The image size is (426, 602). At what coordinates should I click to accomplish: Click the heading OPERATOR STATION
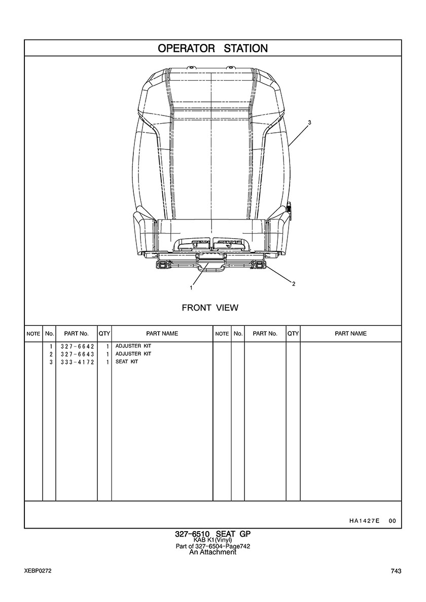(213, 48)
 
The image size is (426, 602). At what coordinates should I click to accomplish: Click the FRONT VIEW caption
(210, 308)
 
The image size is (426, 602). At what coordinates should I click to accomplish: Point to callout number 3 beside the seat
(309, 123)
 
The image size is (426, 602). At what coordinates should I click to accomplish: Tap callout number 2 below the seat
(294, 284)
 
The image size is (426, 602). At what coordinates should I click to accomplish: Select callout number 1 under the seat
(191, 287)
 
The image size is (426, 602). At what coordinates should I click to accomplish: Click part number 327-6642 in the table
(77, 346)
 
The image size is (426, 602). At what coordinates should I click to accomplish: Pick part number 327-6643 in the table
(77, 354)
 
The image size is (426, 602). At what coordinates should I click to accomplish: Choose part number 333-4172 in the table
(77, 362)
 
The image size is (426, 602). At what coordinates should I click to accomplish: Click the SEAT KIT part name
(127, 362)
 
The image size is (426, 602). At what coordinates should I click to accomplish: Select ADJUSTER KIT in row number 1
(133, 346)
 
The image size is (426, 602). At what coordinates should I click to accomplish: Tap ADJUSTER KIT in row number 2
(133, 354)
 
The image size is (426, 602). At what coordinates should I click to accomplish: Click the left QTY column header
(104, 333)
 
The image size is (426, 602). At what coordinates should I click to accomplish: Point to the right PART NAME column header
(351, 333)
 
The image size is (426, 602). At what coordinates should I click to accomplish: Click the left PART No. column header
(77, 333)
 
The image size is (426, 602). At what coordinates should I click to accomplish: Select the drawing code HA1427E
(364, 521)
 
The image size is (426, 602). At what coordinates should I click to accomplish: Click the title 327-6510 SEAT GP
(213, 534)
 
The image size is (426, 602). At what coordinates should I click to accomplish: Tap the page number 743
(396, 571)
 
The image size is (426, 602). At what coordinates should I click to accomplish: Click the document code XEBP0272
(38, 571)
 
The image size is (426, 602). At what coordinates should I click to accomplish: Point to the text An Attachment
(213, 552)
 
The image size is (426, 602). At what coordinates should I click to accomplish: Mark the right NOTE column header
(222, 334)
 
